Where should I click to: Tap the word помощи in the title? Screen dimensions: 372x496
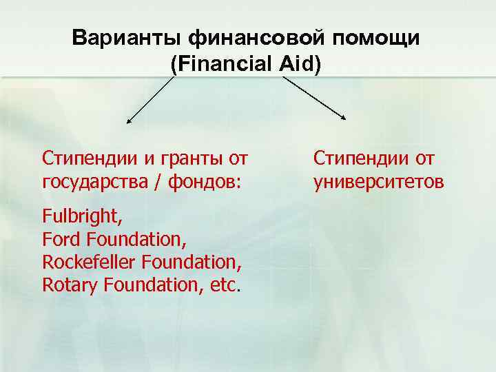click(376, 38)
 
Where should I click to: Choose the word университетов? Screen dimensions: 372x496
click(379, 183)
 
